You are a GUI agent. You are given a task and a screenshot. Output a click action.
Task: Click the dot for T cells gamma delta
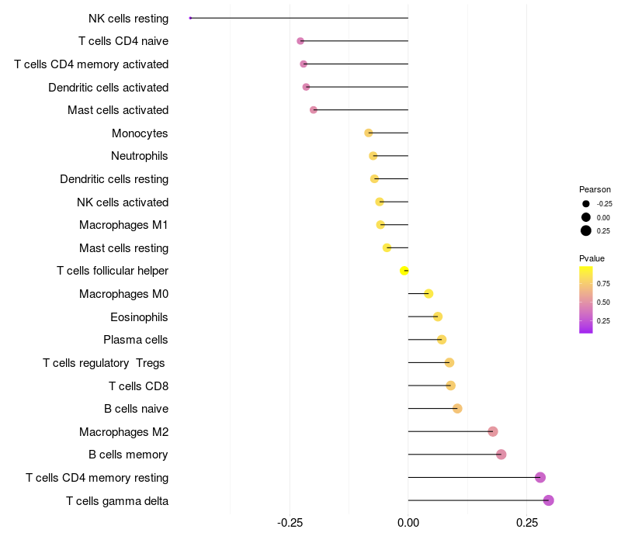[548, 500]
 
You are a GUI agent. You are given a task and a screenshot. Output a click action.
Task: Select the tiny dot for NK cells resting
[190, 18]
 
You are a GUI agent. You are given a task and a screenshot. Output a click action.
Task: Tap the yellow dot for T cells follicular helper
[404, 271]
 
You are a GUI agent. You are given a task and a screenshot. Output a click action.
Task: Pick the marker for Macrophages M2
[492, 431]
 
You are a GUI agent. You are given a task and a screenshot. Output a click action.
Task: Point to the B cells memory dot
[501, 455]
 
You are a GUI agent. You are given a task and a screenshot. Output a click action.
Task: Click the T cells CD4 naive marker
[300, 40]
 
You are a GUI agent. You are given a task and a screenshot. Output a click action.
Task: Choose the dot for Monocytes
[369, 133]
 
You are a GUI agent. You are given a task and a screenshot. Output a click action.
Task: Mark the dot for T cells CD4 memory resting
[540, 477]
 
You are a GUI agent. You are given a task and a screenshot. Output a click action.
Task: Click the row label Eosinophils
[139, 317]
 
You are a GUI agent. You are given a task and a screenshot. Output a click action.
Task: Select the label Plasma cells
[136, 340]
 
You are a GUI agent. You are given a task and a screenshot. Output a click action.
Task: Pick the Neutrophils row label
[140, 156]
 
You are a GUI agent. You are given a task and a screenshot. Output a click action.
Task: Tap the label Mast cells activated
[118, 110]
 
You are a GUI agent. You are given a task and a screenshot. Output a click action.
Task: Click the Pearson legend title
[595, 189]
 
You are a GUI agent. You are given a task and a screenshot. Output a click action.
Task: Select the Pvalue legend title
[592, 258]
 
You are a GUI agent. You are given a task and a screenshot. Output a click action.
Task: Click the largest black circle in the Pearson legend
[585, 230]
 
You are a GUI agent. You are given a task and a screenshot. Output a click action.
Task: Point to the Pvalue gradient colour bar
[585, 299]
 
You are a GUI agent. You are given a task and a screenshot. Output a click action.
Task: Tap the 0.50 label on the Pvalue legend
[603, 302]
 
